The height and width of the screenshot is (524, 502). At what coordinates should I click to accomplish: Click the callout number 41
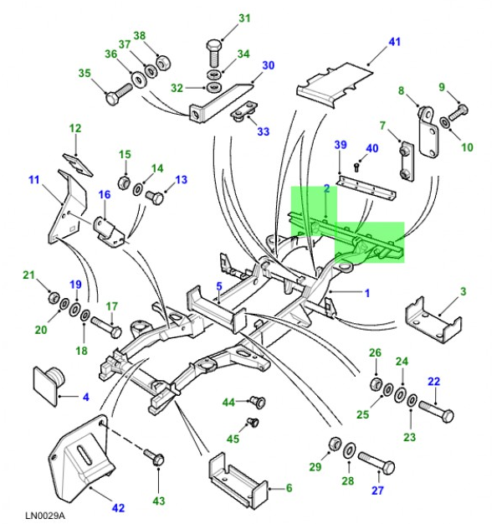395,41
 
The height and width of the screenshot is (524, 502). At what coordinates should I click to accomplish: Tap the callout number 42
117,507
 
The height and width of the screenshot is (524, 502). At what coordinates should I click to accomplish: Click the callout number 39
340,145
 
